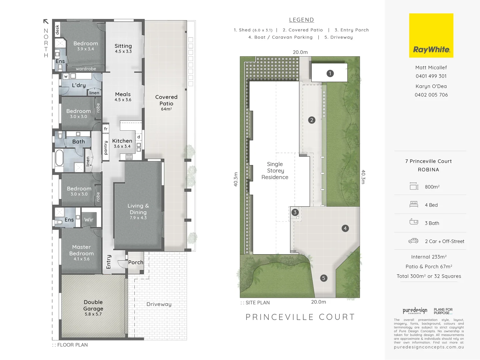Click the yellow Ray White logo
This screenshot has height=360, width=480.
click(x=431, y=35)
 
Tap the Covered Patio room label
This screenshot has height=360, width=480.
click(x=166, y=102)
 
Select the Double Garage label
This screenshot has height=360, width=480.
click(x=93, y=307)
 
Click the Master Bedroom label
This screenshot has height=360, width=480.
click(x=82, y=252)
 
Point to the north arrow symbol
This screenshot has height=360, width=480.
click(x=46, y=22)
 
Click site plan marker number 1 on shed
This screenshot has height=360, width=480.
click(x=330, y=73)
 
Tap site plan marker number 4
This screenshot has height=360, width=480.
click(x=345, y=228)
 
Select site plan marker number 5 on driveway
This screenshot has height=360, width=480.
click(x=323, y=278)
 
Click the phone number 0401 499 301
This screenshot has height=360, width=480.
click(x=431, y=76)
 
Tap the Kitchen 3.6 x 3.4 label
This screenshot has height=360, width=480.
click(x=122, y=143)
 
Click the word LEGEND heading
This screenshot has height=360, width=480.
click(x=301, y=20)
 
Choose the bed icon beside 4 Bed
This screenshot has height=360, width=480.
click(x=414, y=205)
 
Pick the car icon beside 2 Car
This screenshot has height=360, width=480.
click(x=413, y=241)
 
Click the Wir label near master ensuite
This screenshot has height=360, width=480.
click(x=89, y=220)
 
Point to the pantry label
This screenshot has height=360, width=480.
click(x=106, y=148)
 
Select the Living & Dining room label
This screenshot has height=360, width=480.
click(x=138, y=211)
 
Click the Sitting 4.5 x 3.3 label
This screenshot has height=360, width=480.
click(x=123, y=48)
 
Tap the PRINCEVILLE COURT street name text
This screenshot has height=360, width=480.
click(x=300, y=317)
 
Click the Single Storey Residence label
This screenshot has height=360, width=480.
click(x=275, y=171)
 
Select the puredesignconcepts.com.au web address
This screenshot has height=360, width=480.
click(x=429, y=347)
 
